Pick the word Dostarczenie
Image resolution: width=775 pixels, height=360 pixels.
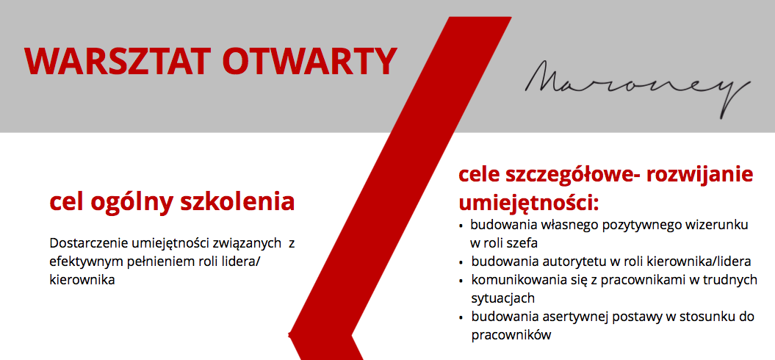click(90, 243)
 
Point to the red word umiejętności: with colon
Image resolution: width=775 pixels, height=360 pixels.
click(529, 204)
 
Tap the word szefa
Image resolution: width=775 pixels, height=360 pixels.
click(522, 243)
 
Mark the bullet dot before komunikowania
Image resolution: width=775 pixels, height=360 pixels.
click(461, 281)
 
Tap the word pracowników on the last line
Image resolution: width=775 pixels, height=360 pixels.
click(511, 335)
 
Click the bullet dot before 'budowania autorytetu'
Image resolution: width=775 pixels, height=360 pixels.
click(461, 262)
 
